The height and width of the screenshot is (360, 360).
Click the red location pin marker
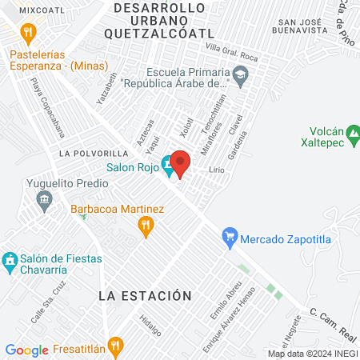[x=180, y=164]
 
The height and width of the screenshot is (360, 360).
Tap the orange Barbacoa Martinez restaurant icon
[x=145, y=227]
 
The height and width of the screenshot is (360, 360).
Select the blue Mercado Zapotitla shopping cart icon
[x=230, y=236]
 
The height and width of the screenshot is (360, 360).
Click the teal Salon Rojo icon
[x=167, y=167]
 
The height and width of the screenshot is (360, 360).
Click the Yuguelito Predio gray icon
[x=46, y=206]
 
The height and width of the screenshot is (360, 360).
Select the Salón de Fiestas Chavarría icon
[x=10, y=261]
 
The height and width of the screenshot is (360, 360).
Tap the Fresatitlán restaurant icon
[x=116, y=346]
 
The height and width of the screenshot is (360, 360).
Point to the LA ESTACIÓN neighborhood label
[x=145, y=296]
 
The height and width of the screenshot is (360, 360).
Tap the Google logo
[x=26, y=350]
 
